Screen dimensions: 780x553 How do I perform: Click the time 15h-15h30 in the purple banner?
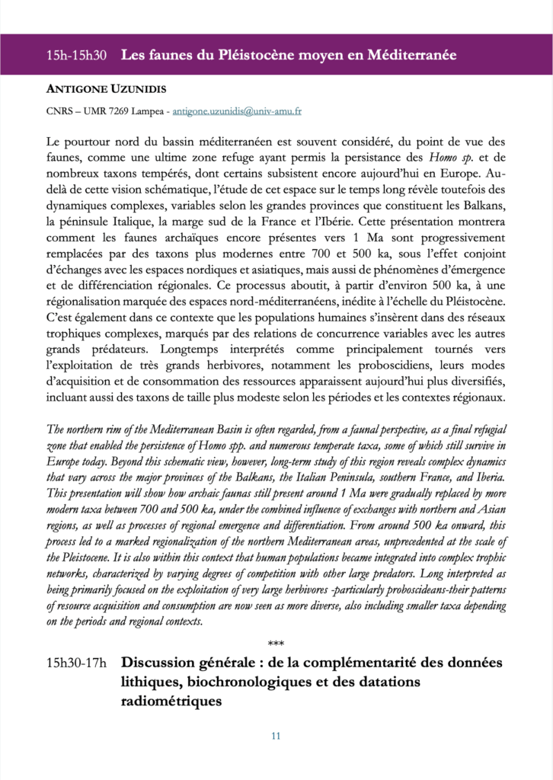tap(76, 56)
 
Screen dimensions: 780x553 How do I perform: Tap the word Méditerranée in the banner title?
tap(412, 56)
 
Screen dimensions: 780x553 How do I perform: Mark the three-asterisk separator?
tap(276, 645)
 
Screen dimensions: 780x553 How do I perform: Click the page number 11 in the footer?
tap(276, 736)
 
